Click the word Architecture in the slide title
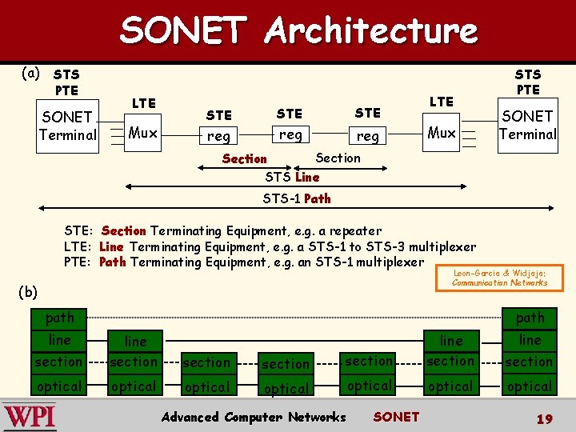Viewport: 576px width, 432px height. point(371,30)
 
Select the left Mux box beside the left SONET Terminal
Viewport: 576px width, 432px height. point(143,133)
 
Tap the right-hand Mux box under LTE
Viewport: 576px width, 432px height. point(442,133)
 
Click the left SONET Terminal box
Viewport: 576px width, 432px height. point(67,126)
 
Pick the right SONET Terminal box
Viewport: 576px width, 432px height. point(527,125)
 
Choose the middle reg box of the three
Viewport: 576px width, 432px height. point(290,134)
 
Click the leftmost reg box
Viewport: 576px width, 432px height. point(218,136)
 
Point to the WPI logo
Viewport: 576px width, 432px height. point(30,416)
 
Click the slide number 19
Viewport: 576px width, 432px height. point(544,418)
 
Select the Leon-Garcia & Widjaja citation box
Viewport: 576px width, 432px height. point(499,277)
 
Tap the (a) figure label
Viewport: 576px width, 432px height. point(30,74)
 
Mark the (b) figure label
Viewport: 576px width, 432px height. point(28,292)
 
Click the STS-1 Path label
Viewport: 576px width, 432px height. point(296,198)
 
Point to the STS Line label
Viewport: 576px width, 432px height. point(292,177)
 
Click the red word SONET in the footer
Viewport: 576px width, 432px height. point(396,417)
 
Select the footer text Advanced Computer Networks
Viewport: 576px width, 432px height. point(254,417)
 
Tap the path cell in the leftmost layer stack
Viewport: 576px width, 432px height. point(59,318)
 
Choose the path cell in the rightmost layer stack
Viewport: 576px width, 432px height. point(530,318)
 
